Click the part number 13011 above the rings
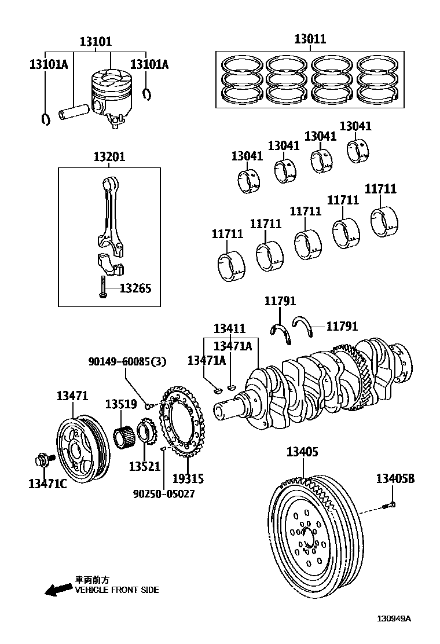pyautogui.click(x=310, y=39)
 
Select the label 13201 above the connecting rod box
pyautogui.click(x=109, y=157)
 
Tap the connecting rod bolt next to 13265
pyautogui.click(x=102, y=287)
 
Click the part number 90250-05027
pyautogui.click(x=164, y=494)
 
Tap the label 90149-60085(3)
pyautogui.click(x=127, y=362)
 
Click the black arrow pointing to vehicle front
pyautogui.click(x=58, y=590)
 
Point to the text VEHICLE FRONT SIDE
pyautogui.click(x=116, y=590)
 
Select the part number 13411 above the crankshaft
pyautogui.click(x=229, y=328)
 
